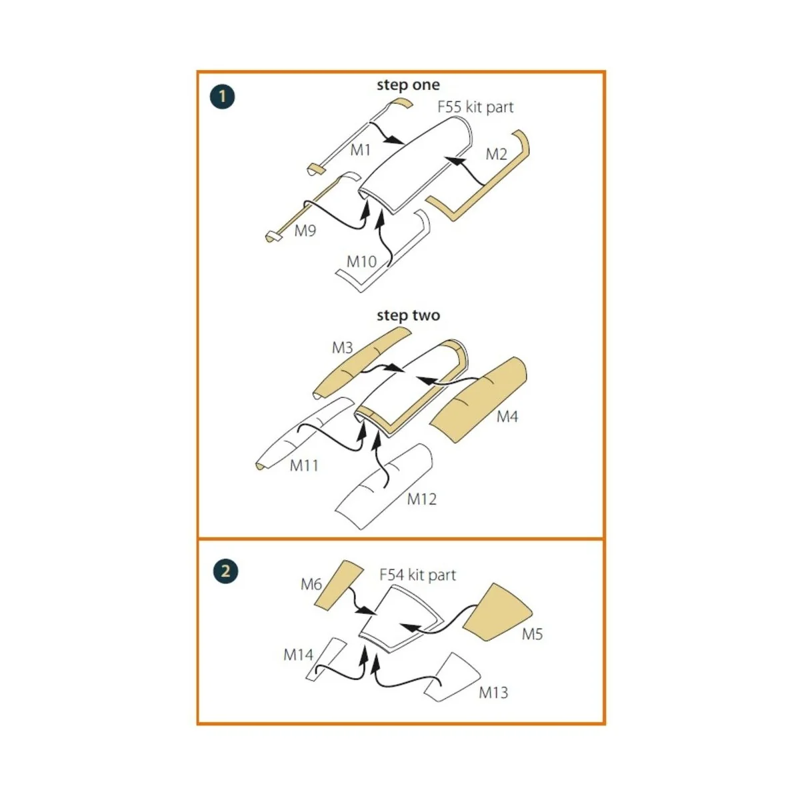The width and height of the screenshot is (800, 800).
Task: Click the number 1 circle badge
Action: (222, 97)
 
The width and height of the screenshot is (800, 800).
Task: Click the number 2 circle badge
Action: (225, 571)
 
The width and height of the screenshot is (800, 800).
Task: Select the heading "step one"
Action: (408, 85)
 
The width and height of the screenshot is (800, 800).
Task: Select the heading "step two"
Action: (408, 315)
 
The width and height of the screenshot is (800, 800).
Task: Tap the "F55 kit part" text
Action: (475, 107)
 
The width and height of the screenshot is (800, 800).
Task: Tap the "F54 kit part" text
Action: (417, 575)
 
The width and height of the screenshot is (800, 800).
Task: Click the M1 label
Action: (360, 150)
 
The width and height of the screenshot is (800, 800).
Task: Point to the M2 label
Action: (496, 155)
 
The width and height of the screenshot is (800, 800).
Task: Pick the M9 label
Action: (305, 231)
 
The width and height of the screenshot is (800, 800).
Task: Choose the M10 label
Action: (361, 261)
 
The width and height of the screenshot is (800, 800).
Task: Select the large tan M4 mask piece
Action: (477, 399)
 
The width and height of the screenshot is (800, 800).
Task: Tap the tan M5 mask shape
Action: (496, 613)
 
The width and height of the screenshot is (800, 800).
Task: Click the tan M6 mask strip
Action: (337, 585)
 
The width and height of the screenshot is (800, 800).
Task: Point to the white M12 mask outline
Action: (384, 486)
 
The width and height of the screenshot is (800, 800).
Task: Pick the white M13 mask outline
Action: (453, 678)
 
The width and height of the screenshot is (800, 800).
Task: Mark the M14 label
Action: (298, 655)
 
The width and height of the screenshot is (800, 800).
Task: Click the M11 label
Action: (304, 465)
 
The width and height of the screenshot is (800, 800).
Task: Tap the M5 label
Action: (532, 634)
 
